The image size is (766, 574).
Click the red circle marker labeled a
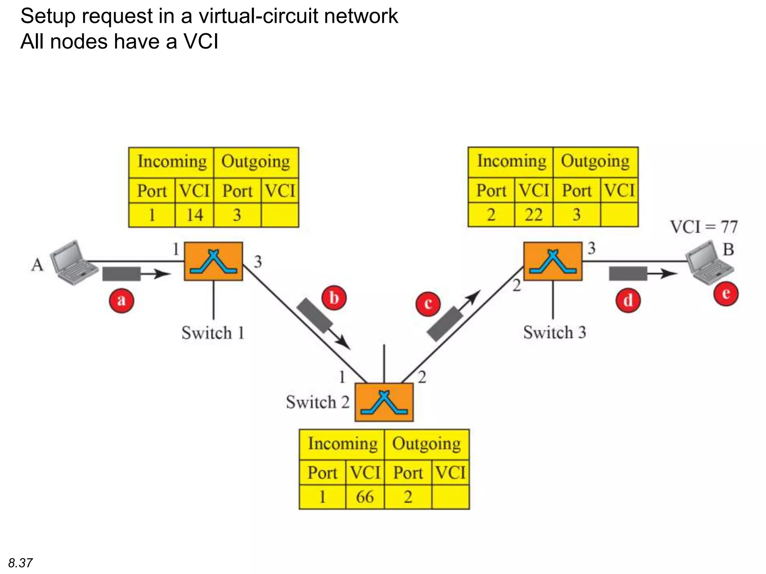coord(121,300)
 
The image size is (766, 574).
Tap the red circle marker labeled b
coord(334,298)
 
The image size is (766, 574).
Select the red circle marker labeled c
coord(428,303)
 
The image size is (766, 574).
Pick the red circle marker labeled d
coord(628,300)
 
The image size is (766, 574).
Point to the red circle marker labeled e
coord(726,293)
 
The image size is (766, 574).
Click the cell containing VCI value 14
coord(194,215)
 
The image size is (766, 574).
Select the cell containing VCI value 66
coord(365,497)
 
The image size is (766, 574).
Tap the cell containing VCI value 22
coord(534,215)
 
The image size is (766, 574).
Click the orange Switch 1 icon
coord(213,261)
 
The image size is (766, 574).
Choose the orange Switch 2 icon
coord(384,402)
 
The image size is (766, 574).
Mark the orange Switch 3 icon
coord(553,261)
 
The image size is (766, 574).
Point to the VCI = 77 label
coord(704,227)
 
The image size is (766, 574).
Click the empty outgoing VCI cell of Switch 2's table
coord(450,497)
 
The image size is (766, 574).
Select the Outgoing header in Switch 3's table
coord(595,161)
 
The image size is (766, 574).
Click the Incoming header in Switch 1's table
coord(172,162)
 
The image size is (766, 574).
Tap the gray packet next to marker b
coord(315,315)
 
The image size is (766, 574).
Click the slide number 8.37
coord(20,563)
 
